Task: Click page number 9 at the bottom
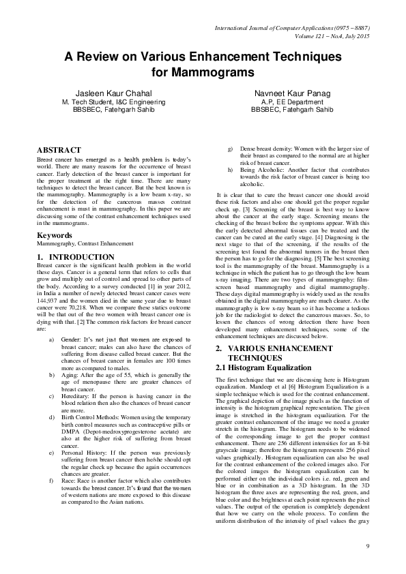(367, 546)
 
